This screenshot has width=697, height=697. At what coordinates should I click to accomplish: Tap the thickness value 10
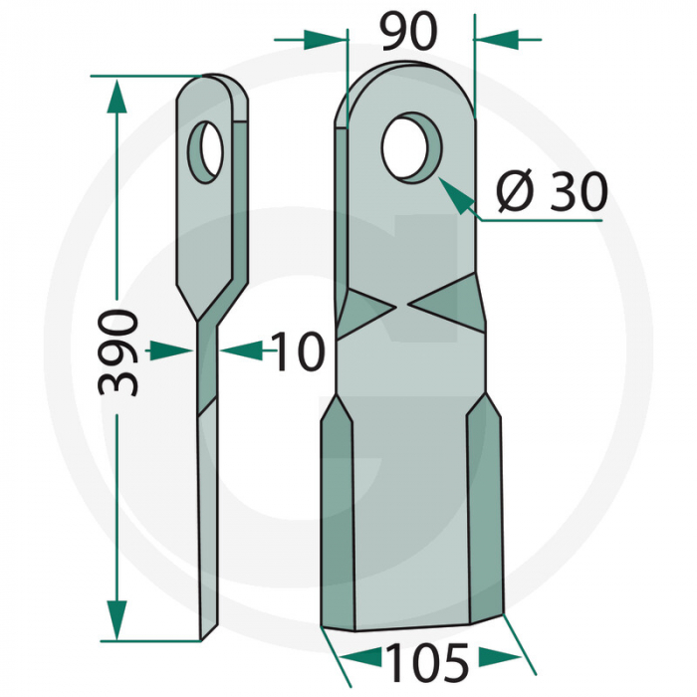click(x=297, y=352)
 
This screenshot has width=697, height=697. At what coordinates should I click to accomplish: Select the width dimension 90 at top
click(x=408, y=32)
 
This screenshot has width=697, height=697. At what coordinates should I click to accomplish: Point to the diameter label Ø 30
click(x=551, y=192)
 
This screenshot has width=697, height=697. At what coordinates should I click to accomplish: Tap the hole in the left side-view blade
click(x=209, y=151)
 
